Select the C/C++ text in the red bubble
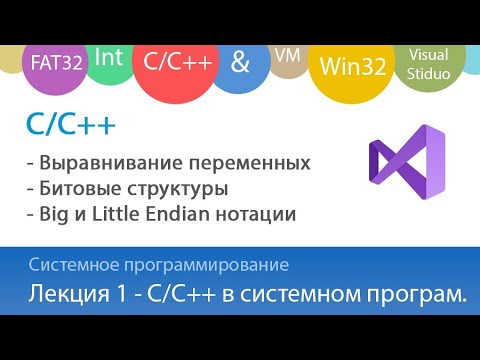pos(179,62)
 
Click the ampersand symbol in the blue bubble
pos(240,61)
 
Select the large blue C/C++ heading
pos(70,126)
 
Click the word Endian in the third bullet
pos(198,213)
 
